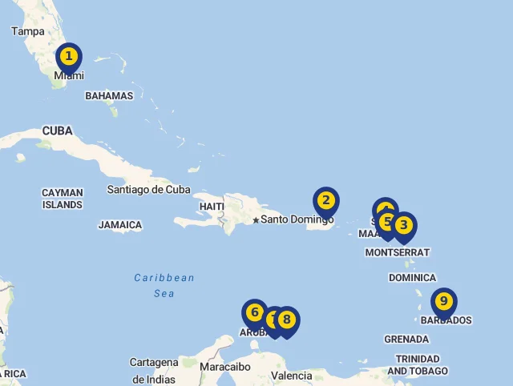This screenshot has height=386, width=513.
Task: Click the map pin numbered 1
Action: (69, 57)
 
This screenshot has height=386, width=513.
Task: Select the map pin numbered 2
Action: (325, 200)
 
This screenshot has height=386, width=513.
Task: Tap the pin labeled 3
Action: (403, 226)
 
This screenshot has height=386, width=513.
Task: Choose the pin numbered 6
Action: (254, 312)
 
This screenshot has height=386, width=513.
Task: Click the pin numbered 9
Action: (442, 303)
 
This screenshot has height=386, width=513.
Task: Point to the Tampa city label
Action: (28, 31)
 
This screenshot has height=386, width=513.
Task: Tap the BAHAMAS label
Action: (109, 96)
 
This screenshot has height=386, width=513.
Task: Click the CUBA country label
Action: (57, 131)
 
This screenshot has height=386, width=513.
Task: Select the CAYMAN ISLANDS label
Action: (63, 199)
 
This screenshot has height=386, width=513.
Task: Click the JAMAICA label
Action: (120, 225)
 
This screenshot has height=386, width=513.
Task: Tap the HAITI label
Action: (212, 207)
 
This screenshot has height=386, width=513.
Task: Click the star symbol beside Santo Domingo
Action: (256, 220)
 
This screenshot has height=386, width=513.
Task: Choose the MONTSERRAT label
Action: (397, 252)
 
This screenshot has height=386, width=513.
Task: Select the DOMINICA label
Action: (412, 278)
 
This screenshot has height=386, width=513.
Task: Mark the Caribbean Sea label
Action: (164, 285)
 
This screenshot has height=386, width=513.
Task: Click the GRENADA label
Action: (406, 339)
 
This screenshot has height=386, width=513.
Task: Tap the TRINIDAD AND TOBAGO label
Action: (418, 364)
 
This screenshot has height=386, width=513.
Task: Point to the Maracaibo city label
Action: (225, 367)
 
